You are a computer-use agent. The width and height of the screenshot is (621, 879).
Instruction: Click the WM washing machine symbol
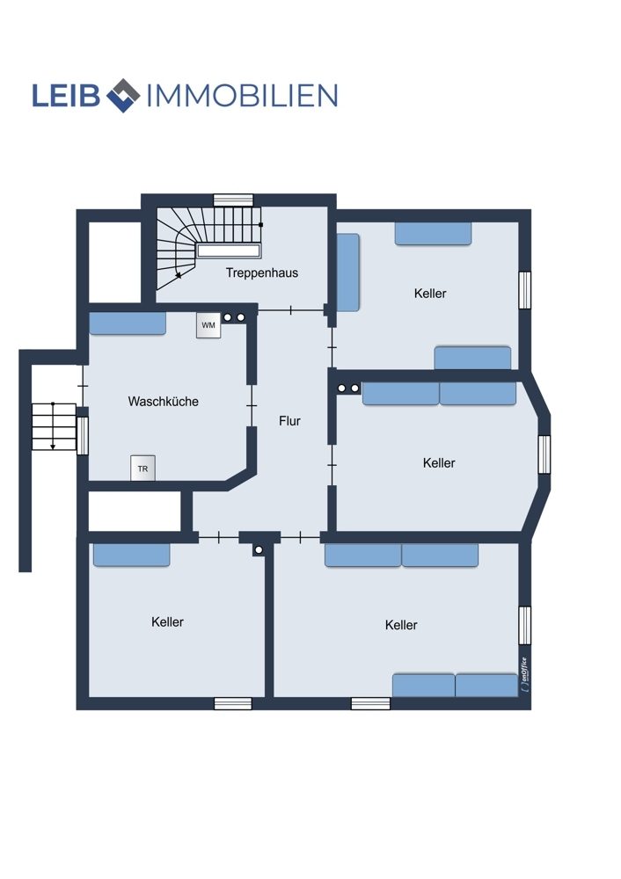pos(208,325)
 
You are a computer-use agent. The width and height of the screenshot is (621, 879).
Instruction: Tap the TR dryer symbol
pos(142,469)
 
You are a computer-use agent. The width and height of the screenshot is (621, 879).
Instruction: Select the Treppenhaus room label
pos(262,273)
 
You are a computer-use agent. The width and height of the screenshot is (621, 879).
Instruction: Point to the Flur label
pos(289,421)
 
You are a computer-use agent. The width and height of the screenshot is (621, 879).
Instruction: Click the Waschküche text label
pos(164,402)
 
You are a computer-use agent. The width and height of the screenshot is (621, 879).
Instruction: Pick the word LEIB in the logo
pos(66,95)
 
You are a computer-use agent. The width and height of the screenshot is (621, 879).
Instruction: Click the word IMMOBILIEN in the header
pos(242,95)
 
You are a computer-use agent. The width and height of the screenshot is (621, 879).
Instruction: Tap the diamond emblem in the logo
pos(123,95)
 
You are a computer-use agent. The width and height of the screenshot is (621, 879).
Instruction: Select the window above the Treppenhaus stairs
pos(233,200)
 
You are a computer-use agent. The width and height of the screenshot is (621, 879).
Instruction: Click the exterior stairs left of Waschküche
pos(54,426)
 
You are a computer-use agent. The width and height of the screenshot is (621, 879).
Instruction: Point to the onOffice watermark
pos(524,674)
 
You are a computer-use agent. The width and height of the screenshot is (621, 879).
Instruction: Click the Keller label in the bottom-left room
pos(167,621)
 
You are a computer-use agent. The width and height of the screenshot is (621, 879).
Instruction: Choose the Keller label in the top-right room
pos(430,294)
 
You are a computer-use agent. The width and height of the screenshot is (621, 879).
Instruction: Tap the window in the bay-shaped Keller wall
pos(544,454)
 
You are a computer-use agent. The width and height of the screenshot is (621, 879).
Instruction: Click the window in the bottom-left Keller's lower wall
pos(233,703)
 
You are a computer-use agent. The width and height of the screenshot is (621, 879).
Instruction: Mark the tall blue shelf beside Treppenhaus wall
pos(347,272)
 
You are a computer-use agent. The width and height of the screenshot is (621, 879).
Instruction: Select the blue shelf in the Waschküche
pos(128,323)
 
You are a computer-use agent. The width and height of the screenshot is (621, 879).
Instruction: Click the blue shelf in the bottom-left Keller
pos(131,555)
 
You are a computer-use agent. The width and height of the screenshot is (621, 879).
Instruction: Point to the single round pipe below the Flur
pos(259,550)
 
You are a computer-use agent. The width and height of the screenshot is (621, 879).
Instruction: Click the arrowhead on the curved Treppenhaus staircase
pos(179,274)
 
